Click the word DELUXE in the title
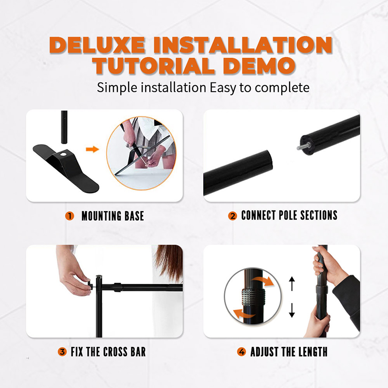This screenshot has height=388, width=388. pyautogui.click(x=97, y=45)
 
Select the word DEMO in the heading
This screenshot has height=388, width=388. pyautogui.click(x=259, y=66)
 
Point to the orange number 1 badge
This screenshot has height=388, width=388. pyautogui.click(x=70, y=216)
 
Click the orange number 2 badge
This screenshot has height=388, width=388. pyautogui.click(x=232, y=216)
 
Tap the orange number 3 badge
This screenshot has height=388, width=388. pyautogui.click(x=63, y=352)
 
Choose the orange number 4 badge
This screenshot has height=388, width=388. pyautogui.click(x=242, y=352)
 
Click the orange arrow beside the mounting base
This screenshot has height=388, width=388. pyautogui.click(x=92, y=149)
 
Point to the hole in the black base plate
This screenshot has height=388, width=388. pyautogui.click(x=64, y=154)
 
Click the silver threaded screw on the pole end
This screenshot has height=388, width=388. pyautogui.click(x=302, y=146)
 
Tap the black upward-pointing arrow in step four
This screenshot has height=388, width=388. pyautogui.click(x=292, y=284)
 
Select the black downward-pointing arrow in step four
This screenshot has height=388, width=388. pyautogui.click(x=292, y=310)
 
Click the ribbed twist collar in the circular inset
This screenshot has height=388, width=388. pyautogui.click(x=253, y=297)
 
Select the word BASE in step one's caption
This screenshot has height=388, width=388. pyautogui.click(x=134, y=216)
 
